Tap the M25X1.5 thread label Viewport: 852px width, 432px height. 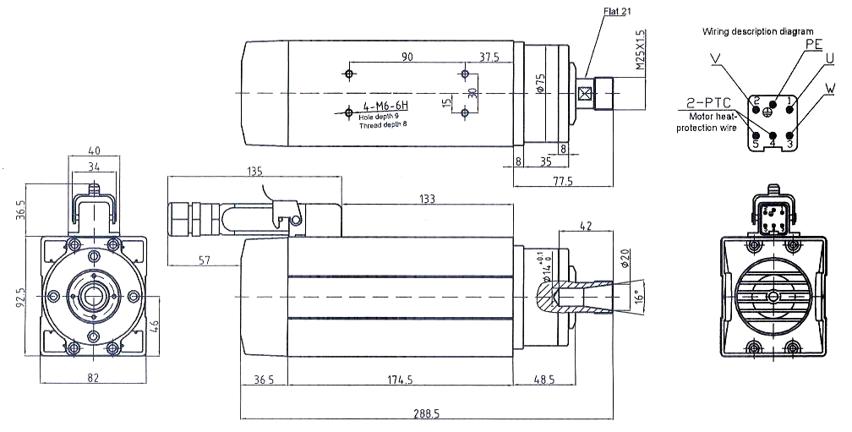[640, 50]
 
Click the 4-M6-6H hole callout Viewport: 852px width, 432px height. [385, 106]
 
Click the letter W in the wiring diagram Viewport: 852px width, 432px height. [832, 88]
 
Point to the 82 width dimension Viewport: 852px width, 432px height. [93, 379]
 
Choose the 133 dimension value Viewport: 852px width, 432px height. [426, 200]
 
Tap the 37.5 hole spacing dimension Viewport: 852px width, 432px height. [489, 57]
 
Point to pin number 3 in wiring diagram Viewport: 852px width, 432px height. [790, 145]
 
